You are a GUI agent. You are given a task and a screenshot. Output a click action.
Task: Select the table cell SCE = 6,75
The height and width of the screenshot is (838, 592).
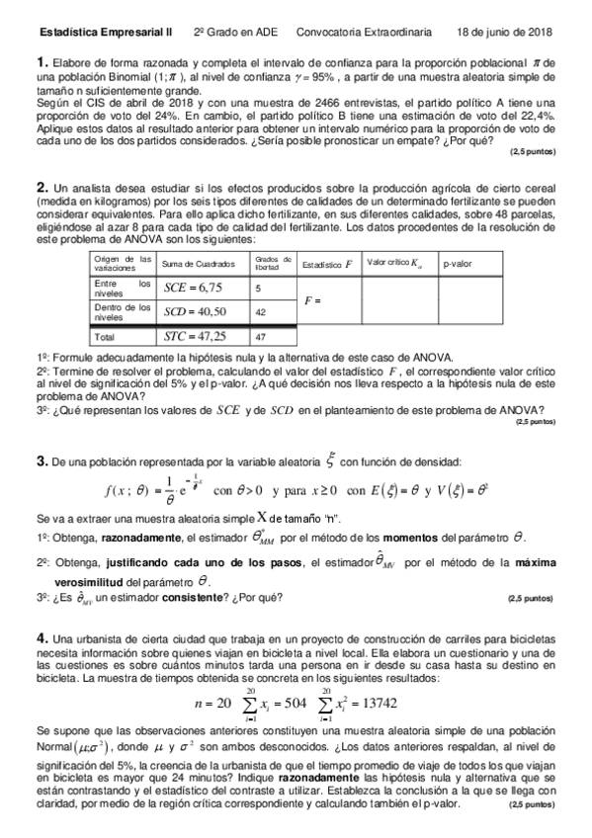tap(193, 288)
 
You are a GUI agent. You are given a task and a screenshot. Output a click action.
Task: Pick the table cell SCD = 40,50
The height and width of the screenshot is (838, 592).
tap(195, 311)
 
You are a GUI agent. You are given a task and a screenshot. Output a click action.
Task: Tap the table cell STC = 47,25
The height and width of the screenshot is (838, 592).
tap(195, 335)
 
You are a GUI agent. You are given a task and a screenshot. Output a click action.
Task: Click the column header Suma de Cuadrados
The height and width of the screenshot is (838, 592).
tap(198, 264)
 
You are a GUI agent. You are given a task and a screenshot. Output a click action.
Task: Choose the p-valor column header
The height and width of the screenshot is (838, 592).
tap(459, 264)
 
